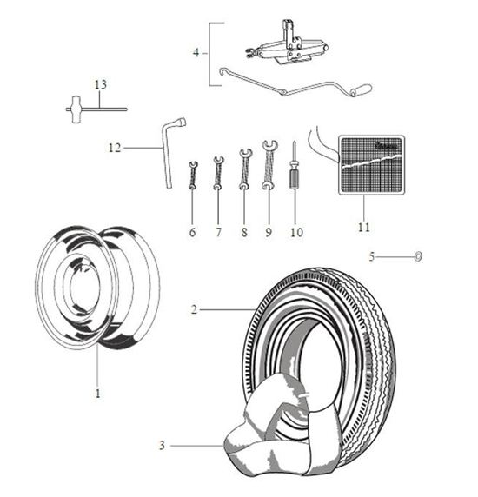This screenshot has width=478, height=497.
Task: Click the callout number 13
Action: (x=101, y=84)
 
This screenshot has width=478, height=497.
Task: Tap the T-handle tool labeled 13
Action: (x=95, y=109)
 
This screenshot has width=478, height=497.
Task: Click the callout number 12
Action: (x=115, y=148)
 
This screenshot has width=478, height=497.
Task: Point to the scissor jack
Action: (x=287, y=46)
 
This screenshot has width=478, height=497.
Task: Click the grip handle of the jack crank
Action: (x=361, y=89)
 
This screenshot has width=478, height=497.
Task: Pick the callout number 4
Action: (x=196, y=53)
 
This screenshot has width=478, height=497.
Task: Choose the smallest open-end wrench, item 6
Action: (x=193, y=176)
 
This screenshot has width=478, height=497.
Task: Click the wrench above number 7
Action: (x=218, y=173)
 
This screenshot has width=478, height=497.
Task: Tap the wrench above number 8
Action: (x=245, y=169)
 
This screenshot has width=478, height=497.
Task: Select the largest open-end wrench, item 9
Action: (x=269, y=165)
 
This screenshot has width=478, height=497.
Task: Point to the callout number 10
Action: (x=296, y=232)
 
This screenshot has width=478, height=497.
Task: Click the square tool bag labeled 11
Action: (x=371, y=165)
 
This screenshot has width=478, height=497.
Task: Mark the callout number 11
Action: (x=364, y=227)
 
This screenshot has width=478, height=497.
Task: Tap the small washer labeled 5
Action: (x=418, y=256)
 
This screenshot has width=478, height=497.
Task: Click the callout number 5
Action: (x=372, y=256)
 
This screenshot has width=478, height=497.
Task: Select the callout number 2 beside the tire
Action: (x=194, y=309)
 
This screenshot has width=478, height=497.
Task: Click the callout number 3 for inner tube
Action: (x=162, y=446)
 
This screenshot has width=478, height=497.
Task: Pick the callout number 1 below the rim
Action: (x=98, y=394)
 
